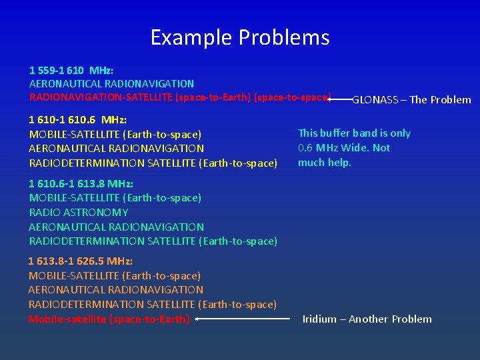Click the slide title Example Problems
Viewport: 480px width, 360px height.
240,37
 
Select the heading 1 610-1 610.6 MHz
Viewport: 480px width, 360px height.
78,120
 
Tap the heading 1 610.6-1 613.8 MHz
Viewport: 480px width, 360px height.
81,183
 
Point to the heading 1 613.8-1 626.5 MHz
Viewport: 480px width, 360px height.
81,261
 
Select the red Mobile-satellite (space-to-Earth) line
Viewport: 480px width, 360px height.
109,319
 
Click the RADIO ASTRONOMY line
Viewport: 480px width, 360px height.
79,212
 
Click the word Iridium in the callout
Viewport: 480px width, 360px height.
319,319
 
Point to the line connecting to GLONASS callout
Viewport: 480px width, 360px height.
341,99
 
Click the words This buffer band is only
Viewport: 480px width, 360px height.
354,133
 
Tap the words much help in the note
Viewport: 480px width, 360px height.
324,163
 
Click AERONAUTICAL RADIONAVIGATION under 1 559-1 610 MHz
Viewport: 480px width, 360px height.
111,84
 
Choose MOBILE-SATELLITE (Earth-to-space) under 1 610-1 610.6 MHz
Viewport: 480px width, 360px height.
115,135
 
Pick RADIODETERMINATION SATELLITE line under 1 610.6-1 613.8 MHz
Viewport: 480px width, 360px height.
153,241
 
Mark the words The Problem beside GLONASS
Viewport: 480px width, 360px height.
440,100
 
